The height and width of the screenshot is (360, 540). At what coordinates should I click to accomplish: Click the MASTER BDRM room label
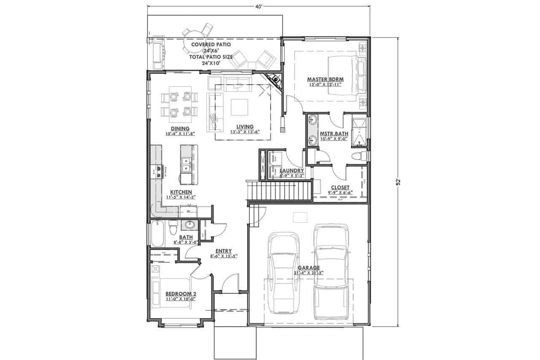point(325,79)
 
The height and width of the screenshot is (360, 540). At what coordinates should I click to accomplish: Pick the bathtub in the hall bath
point(157,233)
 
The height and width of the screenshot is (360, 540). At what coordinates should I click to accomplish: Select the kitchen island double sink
point(186,165)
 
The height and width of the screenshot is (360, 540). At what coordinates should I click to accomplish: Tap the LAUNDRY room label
point(292,171)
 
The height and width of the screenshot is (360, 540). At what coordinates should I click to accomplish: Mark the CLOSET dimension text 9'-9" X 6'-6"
point(340,192)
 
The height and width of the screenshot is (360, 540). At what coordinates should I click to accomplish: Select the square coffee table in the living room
point(239,107)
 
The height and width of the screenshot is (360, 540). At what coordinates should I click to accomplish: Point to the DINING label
point(180,129)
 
